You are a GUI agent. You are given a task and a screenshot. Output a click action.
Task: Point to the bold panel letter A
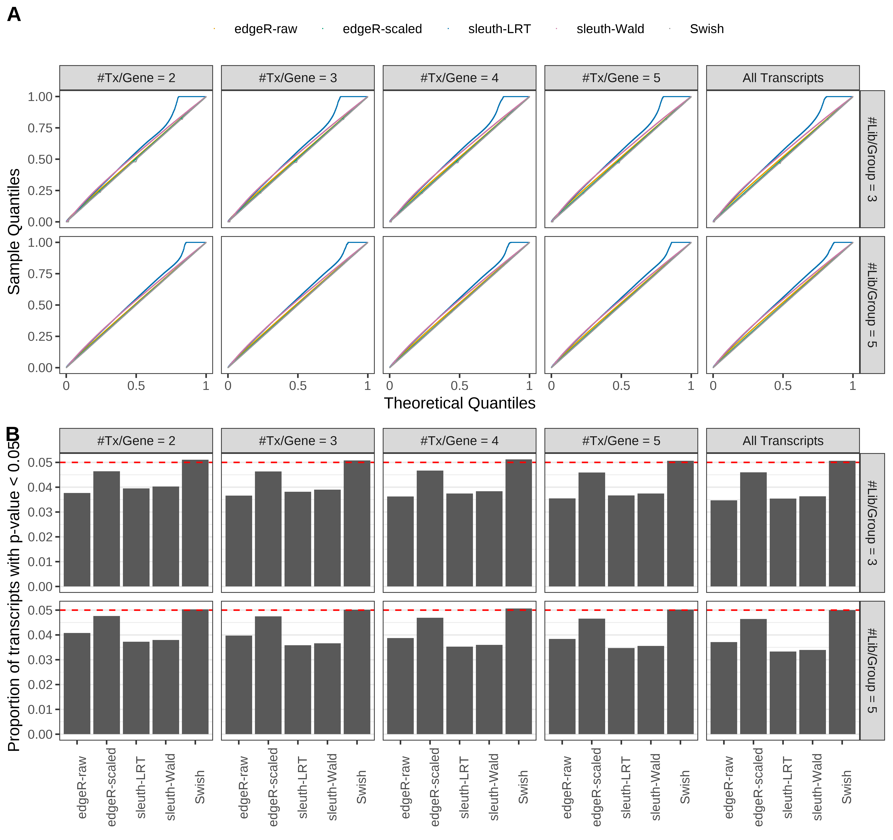point(14,14)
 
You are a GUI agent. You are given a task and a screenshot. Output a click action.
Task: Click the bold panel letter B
point(13,434)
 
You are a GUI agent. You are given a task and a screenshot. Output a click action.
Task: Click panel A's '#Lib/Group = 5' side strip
point(872,305)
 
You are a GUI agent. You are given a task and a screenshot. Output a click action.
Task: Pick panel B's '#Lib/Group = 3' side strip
point(872,523)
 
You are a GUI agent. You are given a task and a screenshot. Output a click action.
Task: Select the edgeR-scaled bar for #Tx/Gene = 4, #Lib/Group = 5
point(430,676)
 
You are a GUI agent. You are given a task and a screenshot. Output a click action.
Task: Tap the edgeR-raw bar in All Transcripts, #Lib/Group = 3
point(724,543)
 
